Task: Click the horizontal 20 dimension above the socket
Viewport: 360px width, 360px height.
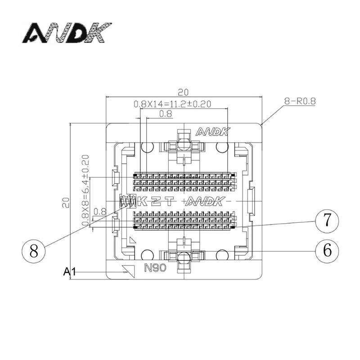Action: click(x=183, y=92)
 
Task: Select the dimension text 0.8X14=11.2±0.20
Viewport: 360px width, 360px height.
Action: click(x=172, y=104)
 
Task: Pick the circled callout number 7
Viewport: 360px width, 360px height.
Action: click(x=327, y=220)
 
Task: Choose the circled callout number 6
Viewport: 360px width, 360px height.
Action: click(x=327, y=249)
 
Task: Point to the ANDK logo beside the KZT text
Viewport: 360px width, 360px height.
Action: click(x=205, y=201)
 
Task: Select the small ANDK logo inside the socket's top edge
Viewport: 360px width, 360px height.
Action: click(x=213, y=132)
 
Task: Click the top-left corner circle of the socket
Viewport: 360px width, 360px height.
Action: click(x=146, y=147)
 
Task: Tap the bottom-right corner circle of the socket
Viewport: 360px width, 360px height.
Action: click(x=221, y=255)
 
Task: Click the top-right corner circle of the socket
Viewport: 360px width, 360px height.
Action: click(x=221, y=147)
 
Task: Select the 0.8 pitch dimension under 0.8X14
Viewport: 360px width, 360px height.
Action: click(x=166, y=114)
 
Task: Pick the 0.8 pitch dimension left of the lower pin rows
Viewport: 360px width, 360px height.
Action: click(x=99, y=211)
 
